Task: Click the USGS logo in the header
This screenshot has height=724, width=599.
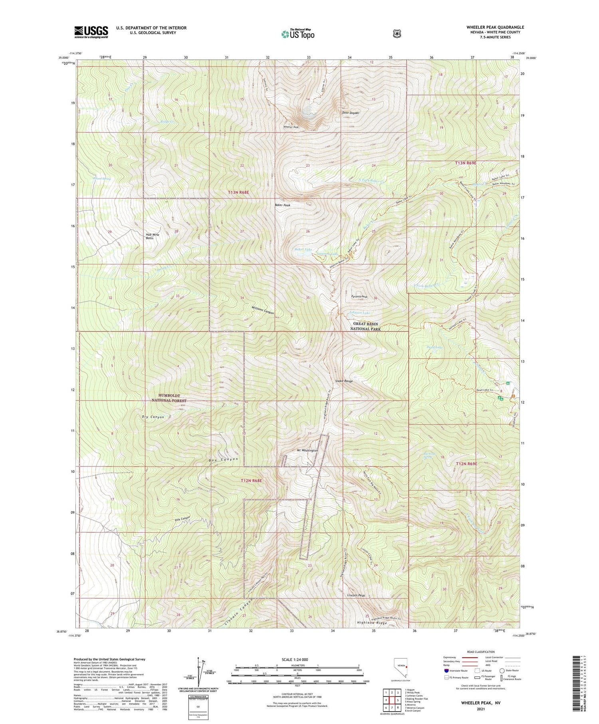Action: pos(91,32)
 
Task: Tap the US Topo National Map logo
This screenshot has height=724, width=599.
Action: pos(298,34)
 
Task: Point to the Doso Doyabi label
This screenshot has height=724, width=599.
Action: pos(350,113)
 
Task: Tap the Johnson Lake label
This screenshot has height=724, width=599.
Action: pos(359,313)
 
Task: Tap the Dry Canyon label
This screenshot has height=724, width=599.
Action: pos(153,417)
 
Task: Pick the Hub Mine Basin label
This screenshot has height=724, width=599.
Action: pos(152,236)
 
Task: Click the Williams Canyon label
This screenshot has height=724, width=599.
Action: pos(262,310)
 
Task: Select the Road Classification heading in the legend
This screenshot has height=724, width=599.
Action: pos(479,652)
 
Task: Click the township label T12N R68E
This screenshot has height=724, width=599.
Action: pos(251,480)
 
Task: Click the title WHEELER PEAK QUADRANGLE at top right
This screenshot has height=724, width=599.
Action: pos(495,27)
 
